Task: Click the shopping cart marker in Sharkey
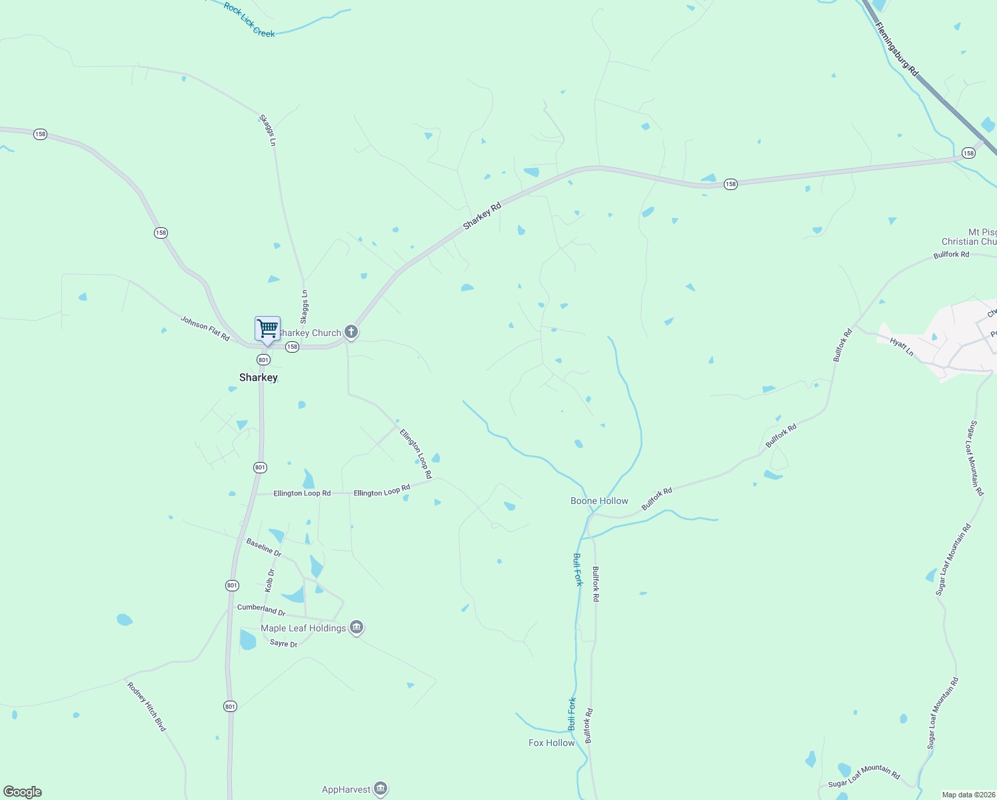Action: pyautogui.click(x=267, y=329)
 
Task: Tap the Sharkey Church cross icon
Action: pyautogui.click(x=351, y=332)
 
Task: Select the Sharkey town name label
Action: pyautogui.click(x=259, y=377)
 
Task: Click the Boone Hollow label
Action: pyautogui.click(x=599, y=501)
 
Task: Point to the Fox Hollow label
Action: pyautogui.click(x=551, y=743)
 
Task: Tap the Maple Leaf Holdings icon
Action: pyautogui.click(x=357, y=627)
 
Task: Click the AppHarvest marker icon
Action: pyautogui.click(x=381, y=789)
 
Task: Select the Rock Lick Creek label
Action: pyautogui.click(x=249, y=20)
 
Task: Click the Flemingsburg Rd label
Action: pyautogui.click(x=896, y=49)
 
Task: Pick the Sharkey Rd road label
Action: pyautogui.click(x=482, y=216)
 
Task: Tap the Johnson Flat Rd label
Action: pyautogui.click(x=205, y=328)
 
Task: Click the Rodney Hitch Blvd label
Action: pyautogui.click(x=146, y=706)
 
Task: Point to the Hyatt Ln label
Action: pyautogui.click(x=901, y=347)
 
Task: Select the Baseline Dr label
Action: pyautogui.click(x=264, y=547)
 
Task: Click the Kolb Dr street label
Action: pyautogui.click(x=270, y=580)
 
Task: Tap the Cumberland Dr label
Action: pyautogui.click(x=261, y=609)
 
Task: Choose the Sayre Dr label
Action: pyautogui.click(x=284, y=644)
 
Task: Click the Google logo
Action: pyautogui.click(x=23, y=791)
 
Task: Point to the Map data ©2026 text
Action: pyautogui.click(x=968, y=795)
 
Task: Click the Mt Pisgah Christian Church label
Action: pyautogui.click(x=970, y=237)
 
